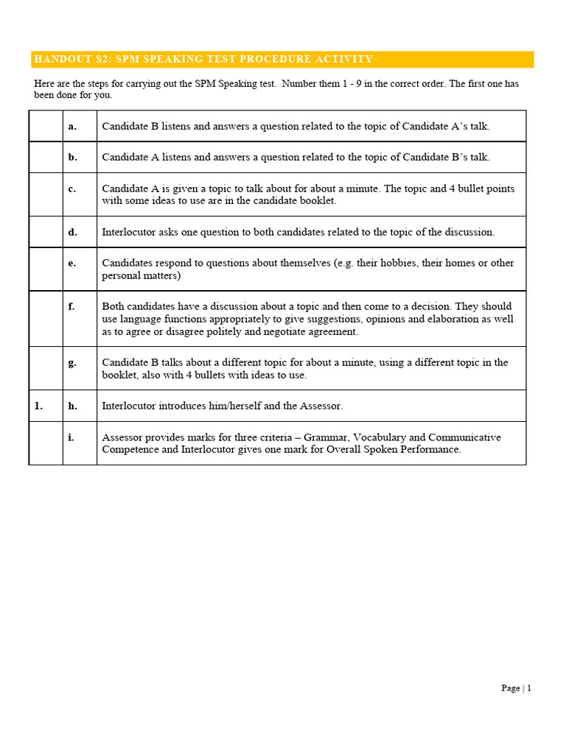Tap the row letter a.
(72, 126)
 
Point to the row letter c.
(72, 188)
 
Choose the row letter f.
(71, 306)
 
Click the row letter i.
(71, 437)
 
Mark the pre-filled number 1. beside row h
(38, 406)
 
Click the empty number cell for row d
(46, 232)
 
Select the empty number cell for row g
(46, 368)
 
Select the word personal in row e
(121, 275)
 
